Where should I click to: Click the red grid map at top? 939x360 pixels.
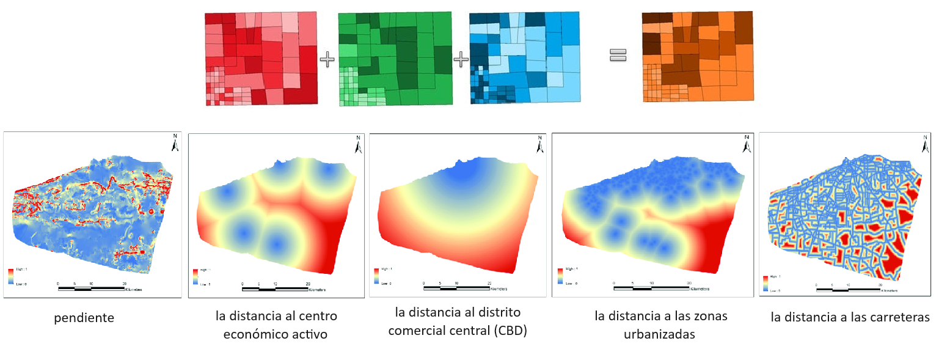coord(261,59)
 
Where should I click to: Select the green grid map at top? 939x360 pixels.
coord(395,59)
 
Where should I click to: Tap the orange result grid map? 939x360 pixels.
coord(698,56)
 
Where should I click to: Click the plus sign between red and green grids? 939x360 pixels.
coord(327,59)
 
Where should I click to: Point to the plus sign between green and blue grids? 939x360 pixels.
coord(461,59)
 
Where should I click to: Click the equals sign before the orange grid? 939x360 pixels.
coord(618,56)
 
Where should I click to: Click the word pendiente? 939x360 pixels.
coord(84,318)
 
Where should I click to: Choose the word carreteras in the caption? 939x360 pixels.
coord(901,317)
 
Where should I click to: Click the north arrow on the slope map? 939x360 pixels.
coord(175,144)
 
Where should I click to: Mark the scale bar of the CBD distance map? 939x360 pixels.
coord(457,287)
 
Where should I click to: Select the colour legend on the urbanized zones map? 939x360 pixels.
coord(560,276)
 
